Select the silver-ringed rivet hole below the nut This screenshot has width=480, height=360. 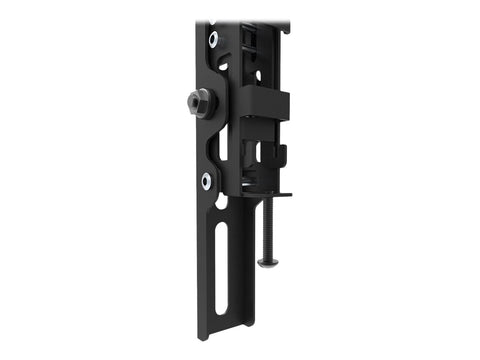(x=206, y=179)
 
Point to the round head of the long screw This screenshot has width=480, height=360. (x=267, y=262)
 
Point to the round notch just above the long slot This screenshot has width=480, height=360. (x=221, y=201)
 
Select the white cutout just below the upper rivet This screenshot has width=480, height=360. (x=223, y=66)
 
